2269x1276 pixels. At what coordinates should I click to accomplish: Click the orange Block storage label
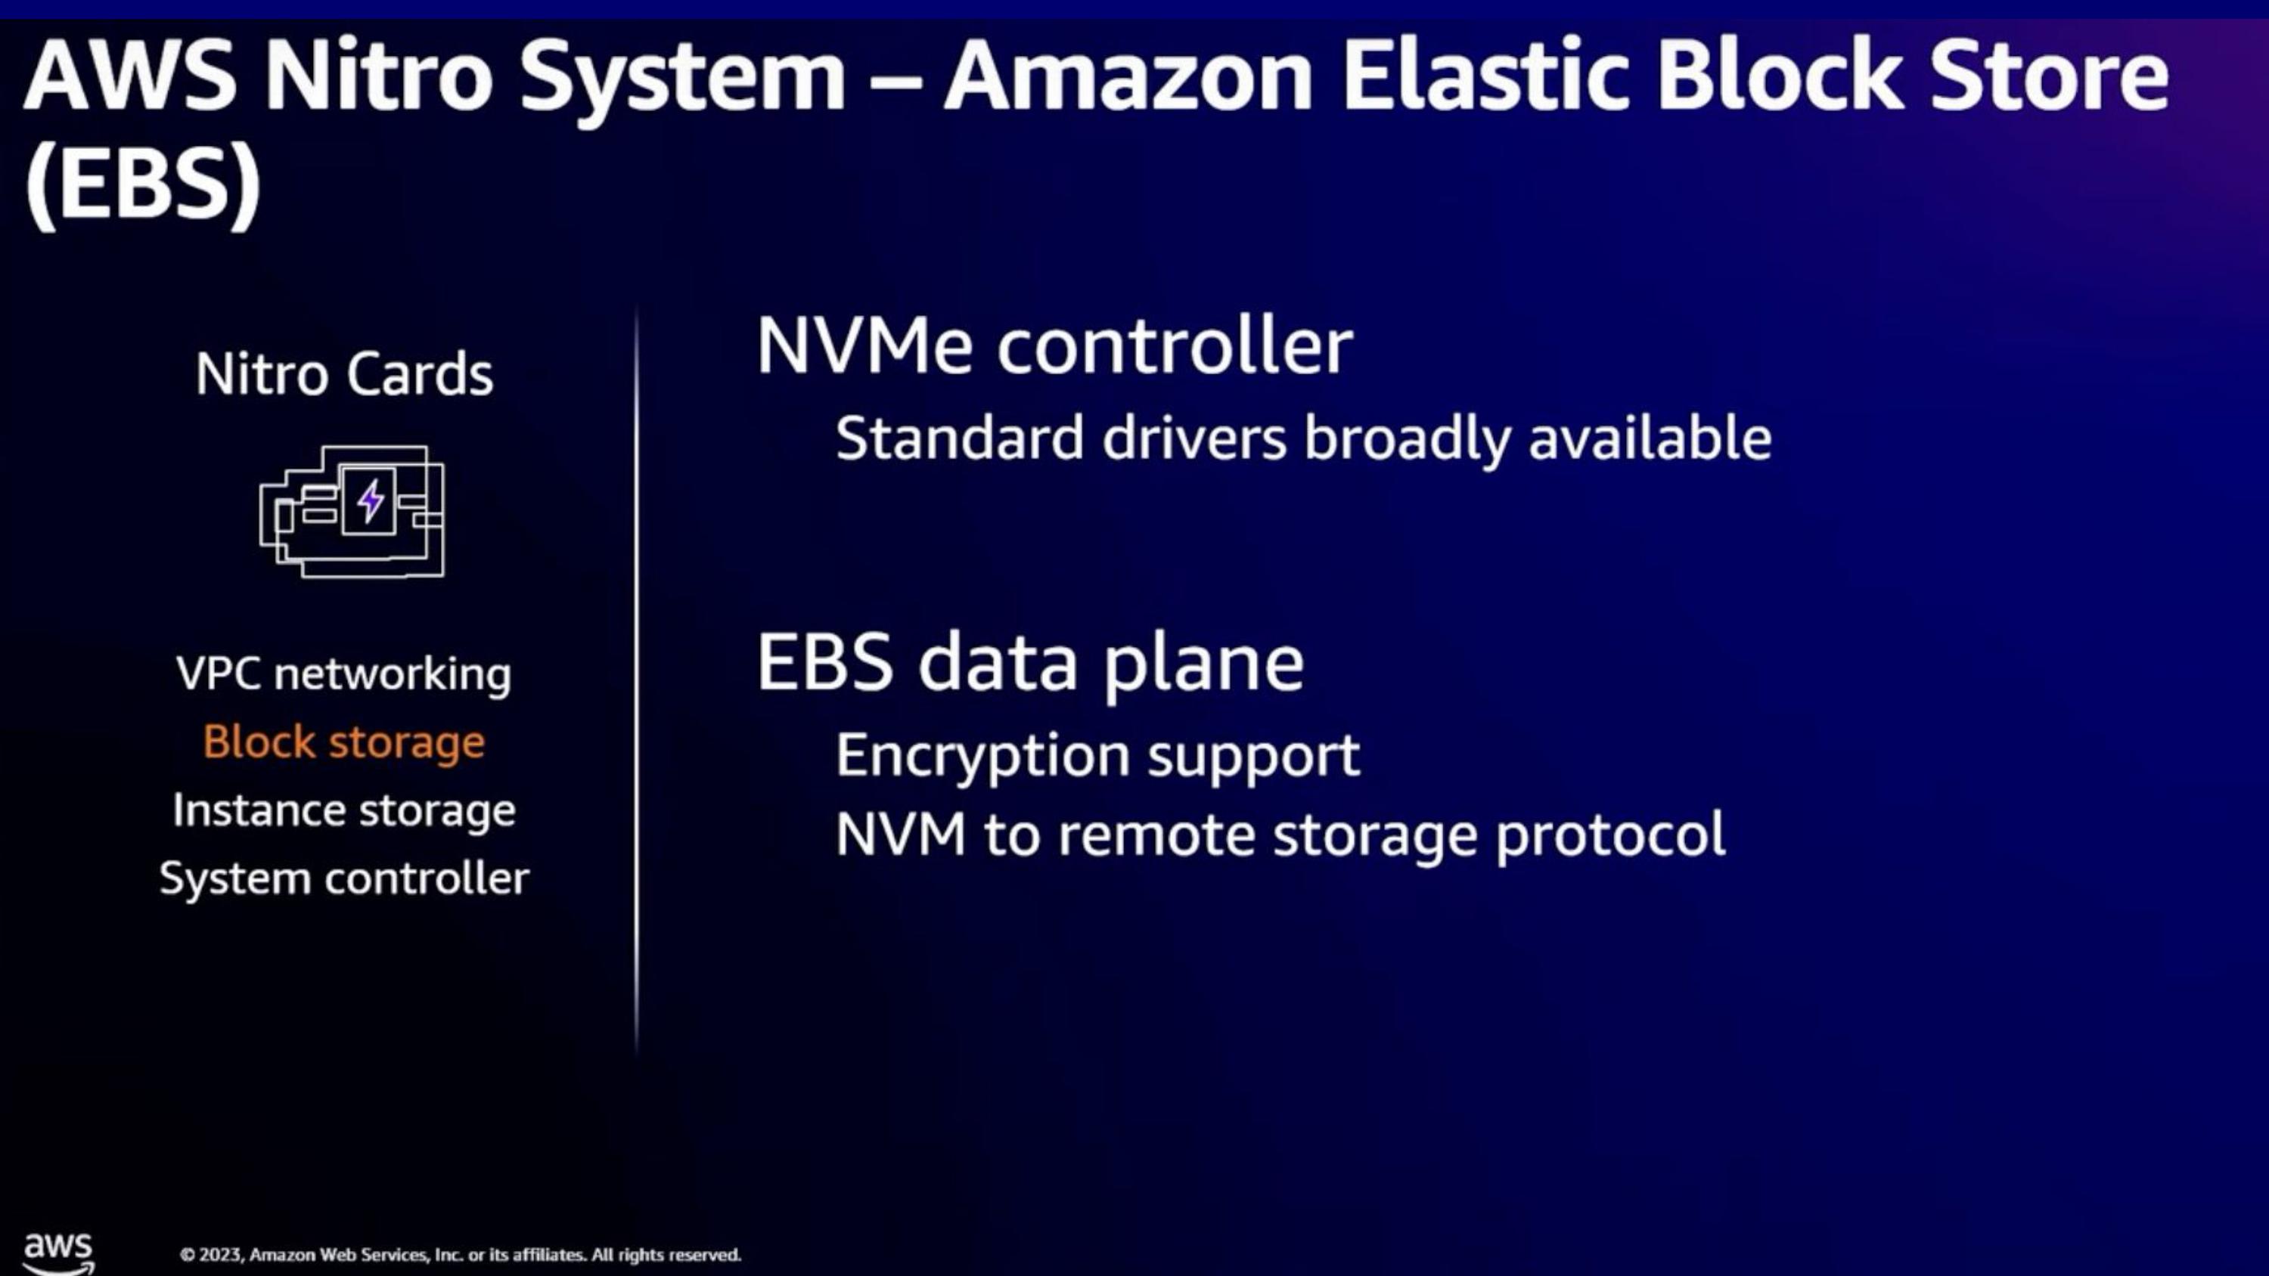[343, 742]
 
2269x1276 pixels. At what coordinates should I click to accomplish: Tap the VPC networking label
[343, 674]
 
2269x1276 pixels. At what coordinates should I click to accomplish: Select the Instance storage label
[343, 810]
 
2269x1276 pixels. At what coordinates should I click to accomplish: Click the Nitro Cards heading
[343, 374]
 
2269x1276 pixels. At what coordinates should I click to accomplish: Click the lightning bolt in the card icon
[370, 501]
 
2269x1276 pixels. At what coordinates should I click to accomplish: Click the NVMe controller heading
[1054, 346]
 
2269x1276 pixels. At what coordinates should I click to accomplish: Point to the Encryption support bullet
[1097, 756]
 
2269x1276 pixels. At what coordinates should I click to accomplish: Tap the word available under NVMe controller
[1650, 438]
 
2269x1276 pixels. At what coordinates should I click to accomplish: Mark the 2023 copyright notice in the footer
[460, 1255]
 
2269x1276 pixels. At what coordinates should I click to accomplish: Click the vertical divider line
[636, 678]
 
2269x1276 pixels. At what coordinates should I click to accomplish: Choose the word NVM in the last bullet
[900, 835]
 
